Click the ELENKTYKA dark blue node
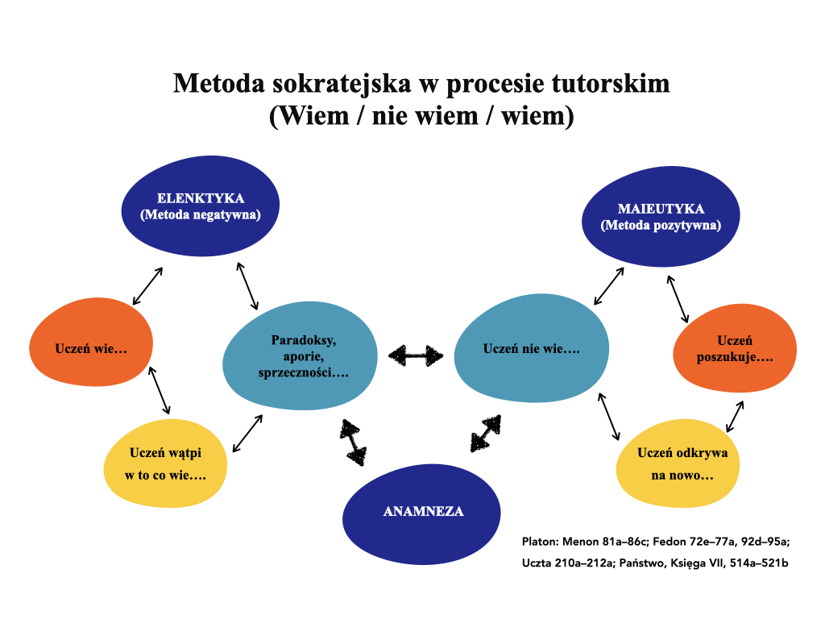[201, 206]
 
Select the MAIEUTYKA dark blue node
[661, 218]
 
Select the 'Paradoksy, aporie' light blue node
[299, 355]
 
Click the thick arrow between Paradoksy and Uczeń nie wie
[416, 355]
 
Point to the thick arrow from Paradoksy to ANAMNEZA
[353, 442]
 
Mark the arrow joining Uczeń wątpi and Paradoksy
[247, 434]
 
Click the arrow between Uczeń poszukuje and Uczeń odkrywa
[735, 415]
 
